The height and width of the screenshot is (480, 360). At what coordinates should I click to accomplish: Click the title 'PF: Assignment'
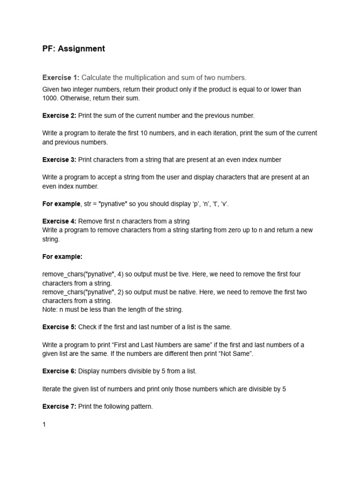tap(74, 49)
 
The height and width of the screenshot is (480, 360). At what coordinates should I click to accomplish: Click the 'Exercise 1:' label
tap(61, 77)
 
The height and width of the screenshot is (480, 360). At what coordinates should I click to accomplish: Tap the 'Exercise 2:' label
tap(59, 115)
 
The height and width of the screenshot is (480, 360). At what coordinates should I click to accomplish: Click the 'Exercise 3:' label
tap(59, 159)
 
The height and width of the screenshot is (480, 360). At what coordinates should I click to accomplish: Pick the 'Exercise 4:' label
tap(59, 221)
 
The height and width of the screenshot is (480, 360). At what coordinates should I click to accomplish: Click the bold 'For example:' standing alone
tap(62, 256)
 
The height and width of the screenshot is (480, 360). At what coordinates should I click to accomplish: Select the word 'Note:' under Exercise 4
tap(50, 309)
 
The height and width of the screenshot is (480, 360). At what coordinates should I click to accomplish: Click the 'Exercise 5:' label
tap(59, 327)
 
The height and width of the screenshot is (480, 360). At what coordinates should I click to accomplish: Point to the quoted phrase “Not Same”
tap(238, 353)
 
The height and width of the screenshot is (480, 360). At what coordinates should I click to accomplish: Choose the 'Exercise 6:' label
tap(59, 371)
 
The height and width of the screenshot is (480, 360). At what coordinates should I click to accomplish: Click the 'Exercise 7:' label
tap(59, 406)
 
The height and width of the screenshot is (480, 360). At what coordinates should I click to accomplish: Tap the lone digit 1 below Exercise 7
tap(44, 424)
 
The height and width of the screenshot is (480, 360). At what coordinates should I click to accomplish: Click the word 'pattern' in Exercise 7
tap(141, 406)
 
